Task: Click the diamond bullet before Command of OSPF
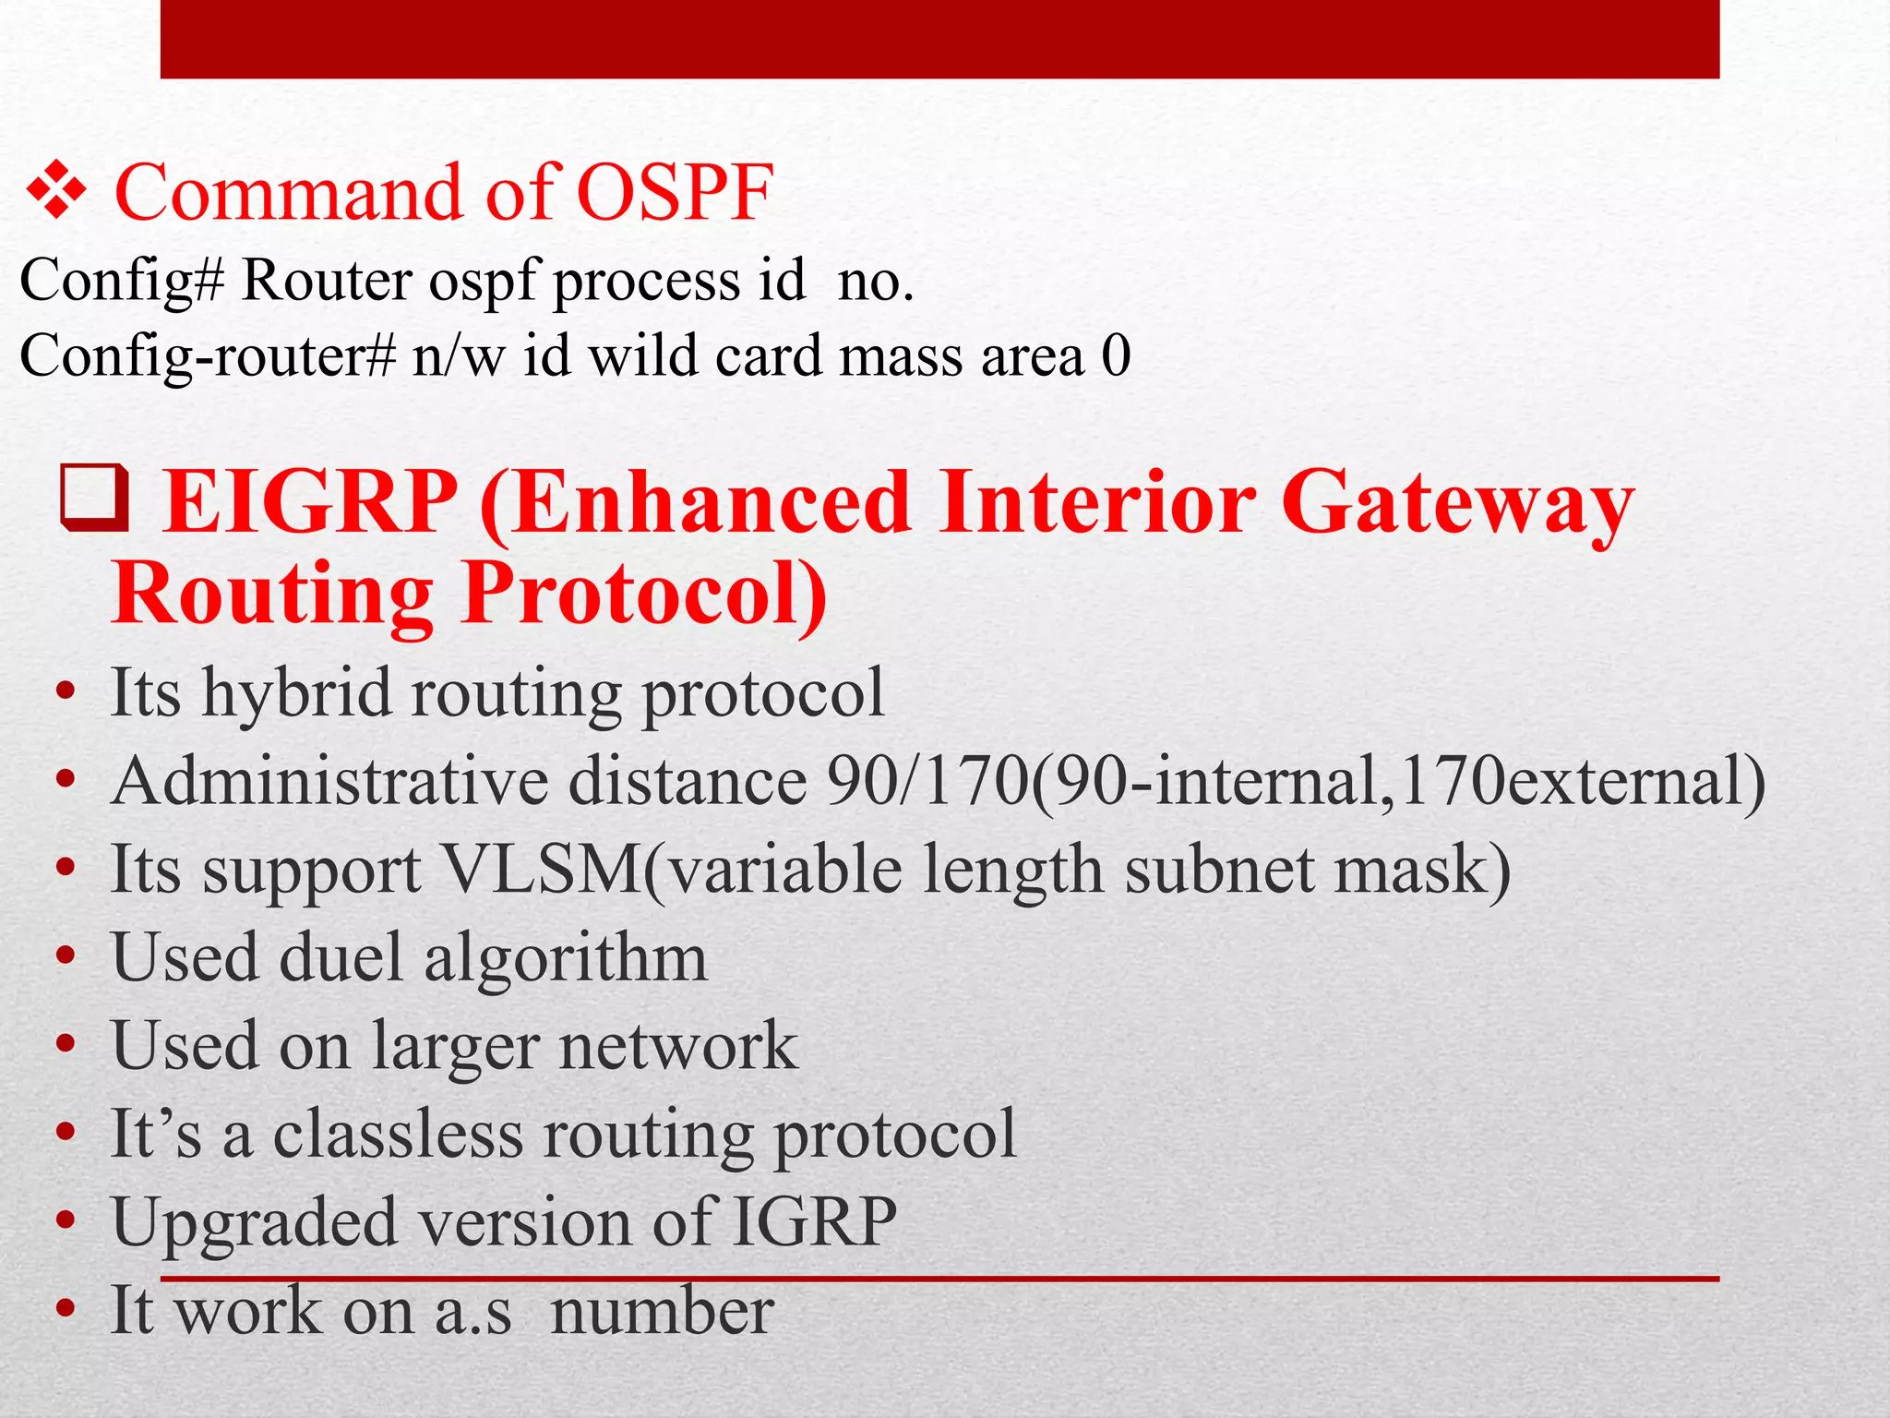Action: click(55, 192)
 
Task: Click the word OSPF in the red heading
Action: click(675, 194)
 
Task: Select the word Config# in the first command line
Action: click(122, 281)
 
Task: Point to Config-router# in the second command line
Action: click(208, 356)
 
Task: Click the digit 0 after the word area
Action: click(1116, 356)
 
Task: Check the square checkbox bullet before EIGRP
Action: click(93, 499)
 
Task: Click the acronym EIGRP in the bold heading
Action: click(309, 503)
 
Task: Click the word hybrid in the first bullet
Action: click(296, 693)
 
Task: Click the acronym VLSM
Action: click(543, 870)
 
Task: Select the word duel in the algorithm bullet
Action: click(341, 957)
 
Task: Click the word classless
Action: click(398, 1135)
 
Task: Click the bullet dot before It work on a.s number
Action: click(65, 1310)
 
